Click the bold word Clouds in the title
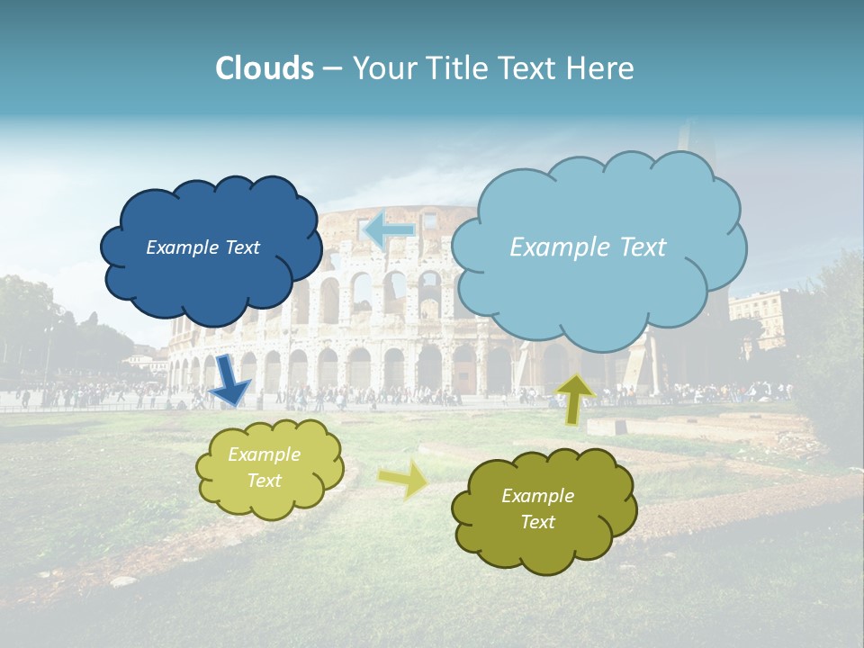(x=265, y=67)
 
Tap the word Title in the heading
(x=454, y=67)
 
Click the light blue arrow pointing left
(x=389, y=230)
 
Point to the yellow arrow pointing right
(x=404, y=479)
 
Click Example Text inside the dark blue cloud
(x=202, y=247)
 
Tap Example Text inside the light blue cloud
(x=588, y=247)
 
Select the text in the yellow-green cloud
(x=265, y=467)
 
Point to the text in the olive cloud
(x=537, y=508)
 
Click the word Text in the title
(x=530, y=67)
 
